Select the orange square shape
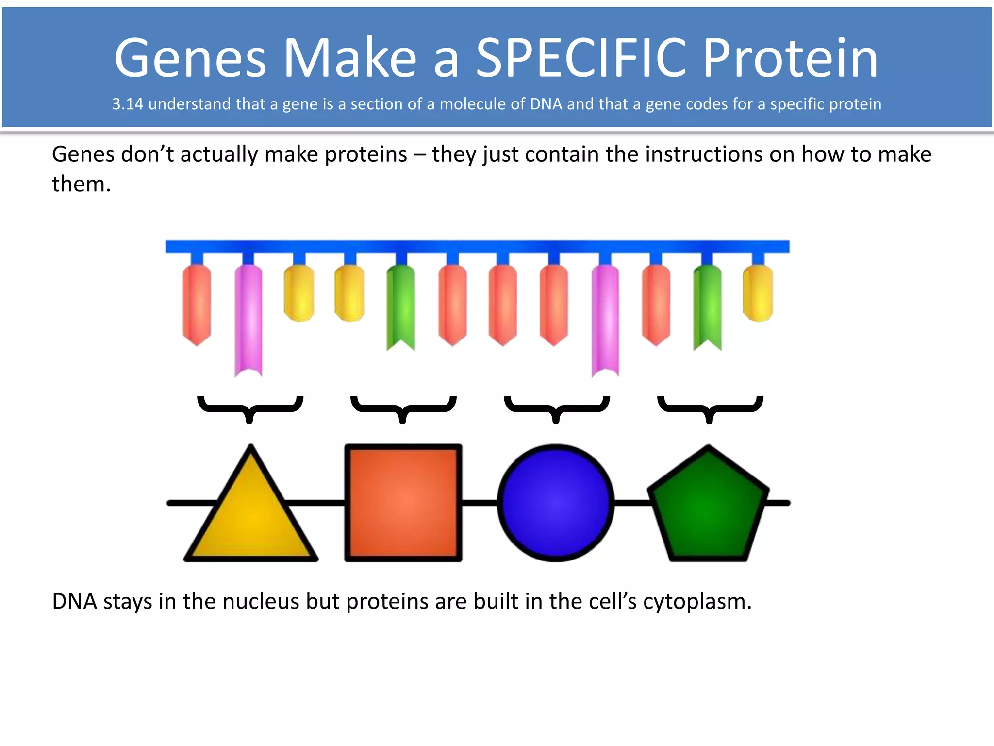coord(403,503)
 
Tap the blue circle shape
coord(556,503)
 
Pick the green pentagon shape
coord(709,508)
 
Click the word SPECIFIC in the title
coord(580,58)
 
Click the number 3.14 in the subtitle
coord(127,104)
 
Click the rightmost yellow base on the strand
coord(758,293)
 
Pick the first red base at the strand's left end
coord(197,304)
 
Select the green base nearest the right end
coord(707,306)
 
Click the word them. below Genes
coord(82,185)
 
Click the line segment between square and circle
coord(480,503)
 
